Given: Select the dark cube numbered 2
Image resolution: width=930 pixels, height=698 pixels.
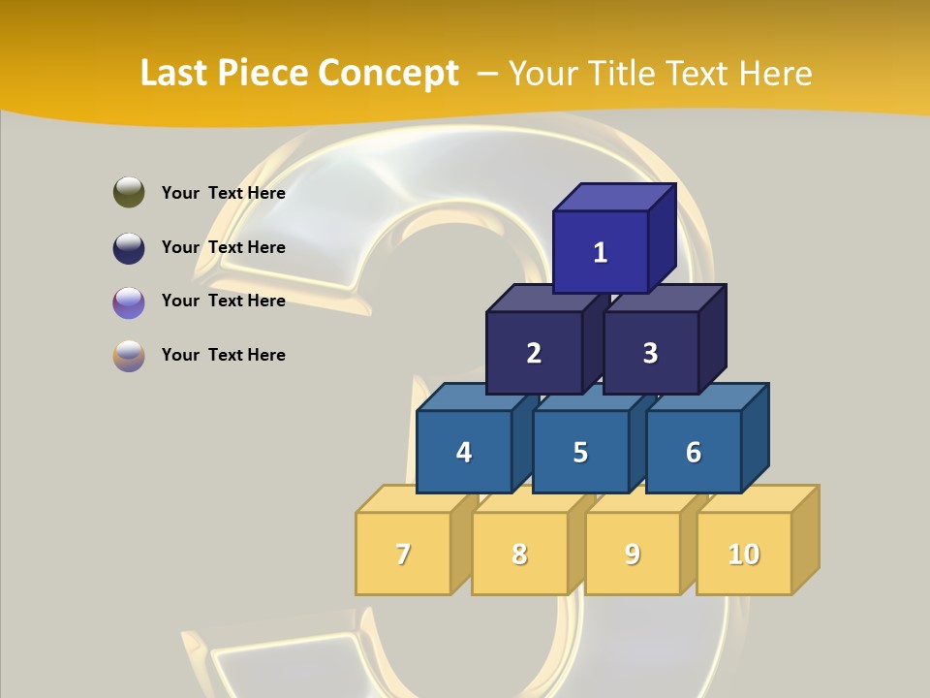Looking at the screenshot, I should pos(534,353).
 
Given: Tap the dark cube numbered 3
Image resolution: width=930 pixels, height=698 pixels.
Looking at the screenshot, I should pos(650,353).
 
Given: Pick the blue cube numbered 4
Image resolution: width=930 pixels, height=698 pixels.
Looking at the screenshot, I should pos(464,452).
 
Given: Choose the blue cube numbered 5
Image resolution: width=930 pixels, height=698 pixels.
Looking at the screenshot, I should pos(580,452).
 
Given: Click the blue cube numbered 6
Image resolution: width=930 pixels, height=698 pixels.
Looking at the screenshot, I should pos(694,452).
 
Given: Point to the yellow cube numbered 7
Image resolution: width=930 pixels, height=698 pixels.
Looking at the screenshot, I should pos(403,554).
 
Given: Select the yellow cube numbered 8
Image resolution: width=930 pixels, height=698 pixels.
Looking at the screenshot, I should pos(519,554).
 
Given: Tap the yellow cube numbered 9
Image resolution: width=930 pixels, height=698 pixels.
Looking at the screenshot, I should pos(633,554).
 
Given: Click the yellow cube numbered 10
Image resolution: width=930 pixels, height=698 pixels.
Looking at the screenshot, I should pos(744,554).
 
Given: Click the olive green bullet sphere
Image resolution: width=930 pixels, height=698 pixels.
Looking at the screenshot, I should pos(129,192).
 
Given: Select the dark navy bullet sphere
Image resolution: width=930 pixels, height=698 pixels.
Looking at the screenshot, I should pos(129,247).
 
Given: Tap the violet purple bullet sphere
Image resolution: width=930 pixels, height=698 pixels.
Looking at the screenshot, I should pos(129,301).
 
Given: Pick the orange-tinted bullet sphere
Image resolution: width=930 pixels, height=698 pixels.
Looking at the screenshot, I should pos(129,355).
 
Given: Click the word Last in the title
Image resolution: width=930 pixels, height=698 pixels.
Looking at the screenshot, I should pos(175,73).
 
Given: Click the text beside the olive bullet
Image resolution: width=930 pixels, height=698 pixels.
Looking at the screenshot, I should pos(223,193).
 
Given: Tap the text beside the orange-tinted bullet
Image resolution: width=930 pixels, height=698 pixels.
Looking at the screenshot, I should pos(223,355).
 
